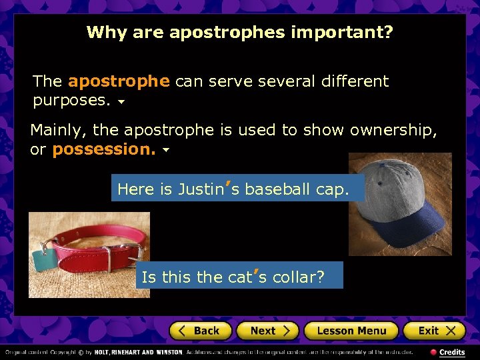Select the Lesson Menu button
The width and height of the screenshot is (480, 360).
(351, 331)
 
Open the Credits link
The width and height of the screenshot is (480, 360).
(451, 352)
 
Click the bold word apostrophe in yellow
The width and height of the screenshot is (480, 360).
(119, 82)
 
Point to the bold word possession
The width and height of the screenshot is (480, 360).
(103, 150)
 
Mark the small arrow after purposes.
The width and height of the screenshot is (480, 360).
(121, 103)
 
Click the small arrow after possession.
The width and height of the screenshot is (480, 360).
(165, 151)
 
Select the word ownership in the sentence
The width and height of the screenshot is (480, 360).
(393, 130)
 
